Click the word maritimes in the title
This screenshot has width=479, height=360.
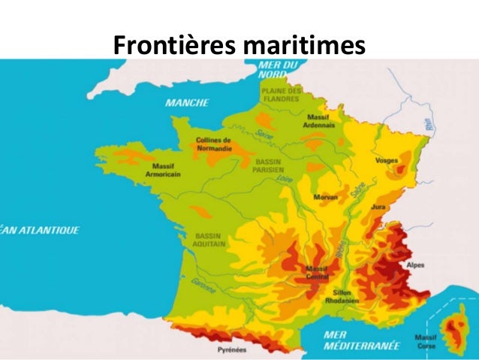click(x=302, y=45)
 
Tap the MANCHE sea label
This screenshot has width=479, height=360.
click(x=187, y=102)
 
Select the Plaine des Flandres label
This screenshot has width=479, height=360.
click(x=282, y=95)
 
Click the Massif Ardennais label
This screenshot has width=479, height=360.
click(x=322, y=121)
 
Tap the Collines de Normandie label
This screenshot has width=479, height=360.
click(x=214, y=144)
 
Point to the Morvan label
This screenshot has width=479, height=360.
click(x=326, y=197)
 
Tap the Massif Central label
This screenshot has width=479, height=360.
click(x=318, y=272)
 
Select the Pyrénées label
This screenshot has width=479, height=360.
click(x=231, y=350)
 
